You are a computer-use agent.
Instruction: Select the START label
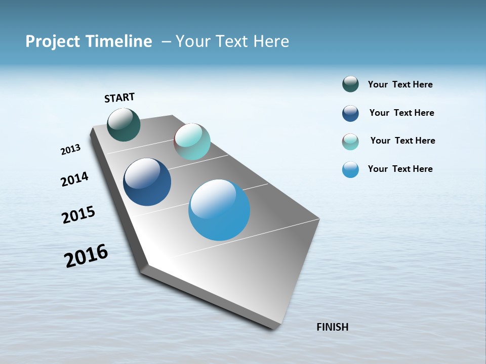coord(119,98)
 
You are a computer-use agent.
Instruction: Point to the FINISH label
coord(332,327)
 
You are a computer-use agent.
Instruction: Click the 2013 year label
coord(71,150)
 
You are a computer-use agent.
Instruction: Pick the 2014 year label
coord(75,179)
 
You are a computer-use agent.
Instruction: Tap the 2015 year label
coord(78,215)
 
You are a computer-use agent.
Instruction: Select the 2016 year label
coord(86,256)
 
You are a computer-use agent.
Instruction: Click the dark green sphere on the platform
coord(124,124)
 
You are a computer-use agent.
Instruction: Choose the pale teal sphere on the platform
coord(192,142)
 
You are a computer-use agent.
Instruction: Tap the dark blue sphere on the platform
coord(147,182)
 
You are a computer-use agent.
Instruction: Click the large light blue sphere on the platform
coord(219,210)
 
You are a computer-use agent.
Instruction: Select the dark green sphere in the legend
coord(350,84)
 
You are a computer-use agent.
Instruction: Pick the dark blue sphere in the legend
coord(350,113)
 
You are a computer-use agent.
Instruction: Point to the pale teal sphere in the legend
coord(350,142)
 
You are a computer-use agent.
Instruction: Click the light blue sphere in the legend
coord(350,169)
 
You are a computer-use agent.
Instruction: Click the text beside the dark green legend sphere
coord(400,85)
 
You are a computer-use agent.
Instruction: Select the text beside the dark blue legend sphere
coord(401,113)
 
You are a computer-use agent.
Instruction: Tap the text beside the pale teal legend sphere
coord(402,141)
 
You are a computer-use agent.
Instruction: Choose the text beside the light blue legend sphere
coord(400,169)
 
